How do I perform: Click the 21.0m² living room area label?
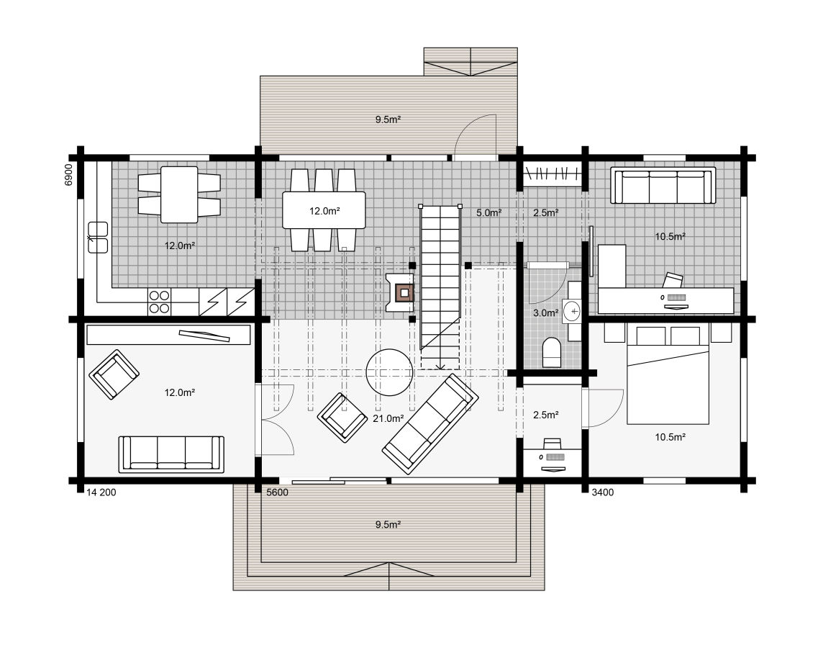pyautogui.click(x=388, y=418)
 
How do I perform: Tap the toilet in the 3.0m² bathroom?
pyautogui.click(x=551, y=352)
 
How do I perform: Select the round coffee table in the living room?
pyautogui.click(x=389, y=372)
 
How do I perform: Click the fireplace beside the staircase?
pyautogui.click(x=401, y=292)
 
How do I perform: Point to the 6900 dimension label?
pyautogui.click(x=68, y=174)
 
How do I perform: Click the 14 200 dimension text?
pyautogui.click(x=101, y=492)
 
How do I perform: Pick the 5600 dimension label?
pyautogui.click(x=277, y=492)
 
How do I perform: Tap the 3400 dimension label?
pyautogui.click(x=603, y=492)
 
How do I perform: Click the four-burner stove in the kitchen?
pyautogui.click(x=159, y=302)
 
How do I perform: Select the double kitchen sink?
pyautogui.click(x=98, y=238)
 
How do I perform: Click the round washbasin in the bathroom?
pyautogui.click(x=572, y=311)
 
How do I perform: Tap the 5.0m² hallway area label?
pyautogui.click(x=488, y=212)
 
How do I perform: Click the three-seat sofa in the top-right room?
pyautogui.click(x=663, y=185)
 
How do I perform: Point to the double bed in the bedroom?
pyautogui.click(x=668, y=374)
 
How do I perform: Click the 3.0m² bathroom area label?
pyautogui.click(x=546, y=313)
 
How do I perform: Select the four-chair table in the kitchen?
pyautogui.click(x=179, y=194)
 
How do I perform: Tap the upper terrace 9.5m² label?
pyautogui.click(x=388, y=120)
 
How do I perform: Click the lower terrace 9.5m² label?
pyautogui.click(x=388, y=524)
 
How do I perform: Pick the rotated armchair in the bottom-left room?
pyautogui.click(x=114, y=374)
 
